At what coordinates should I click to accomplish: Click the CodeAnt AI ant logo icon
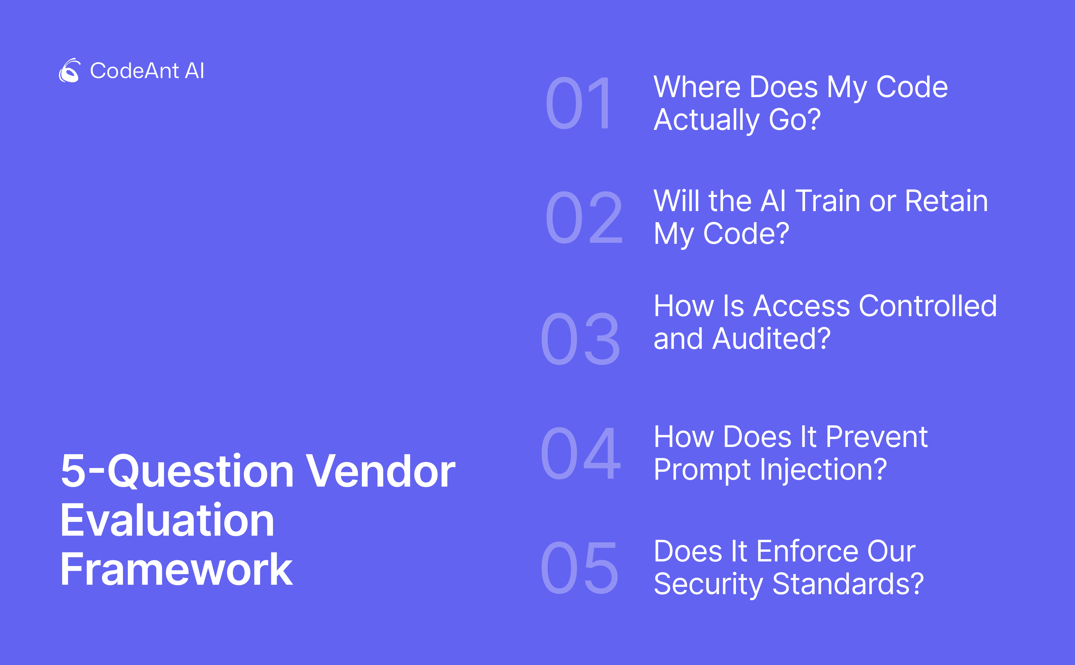69,70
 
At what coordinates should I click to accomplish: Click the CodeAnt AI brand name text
147,71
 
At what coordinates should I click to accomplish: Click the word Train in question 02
828,201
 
